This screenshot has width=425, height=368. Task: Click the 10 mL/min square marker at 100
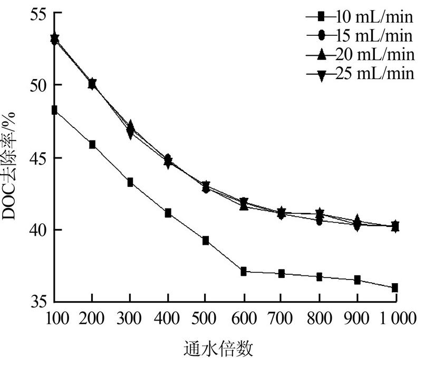[54, 110]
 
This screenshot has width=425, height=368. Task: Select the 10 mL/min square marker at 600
[244, 272]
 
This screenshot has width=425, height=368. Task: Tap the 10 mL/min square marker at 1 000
[395, 288]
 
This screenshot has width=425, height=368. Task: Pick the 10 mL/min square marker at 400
[168, 213]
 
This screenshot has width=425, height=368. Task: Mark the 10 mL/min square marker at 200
[92, 145]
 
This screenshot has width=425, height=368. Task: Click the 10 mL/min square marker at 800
[320, 277]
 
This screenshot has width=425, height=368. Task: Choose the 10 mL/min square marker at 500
[206, 241]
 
